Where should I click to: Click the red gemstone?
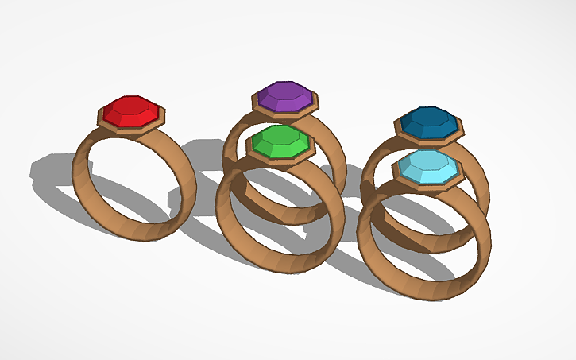pyautogui.click(x=132, y=111)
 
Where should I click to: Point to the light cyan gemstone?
pyautogui.click(x=428, y=167)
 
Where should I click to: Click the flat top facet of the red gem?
pyautogui.click(x=132, y=104)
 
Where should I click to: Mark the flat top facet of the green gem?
pyautogui.click(x=280, y=135)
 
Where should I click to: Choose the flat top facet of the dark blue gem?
pyautogui.click(x=429, y=116)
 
